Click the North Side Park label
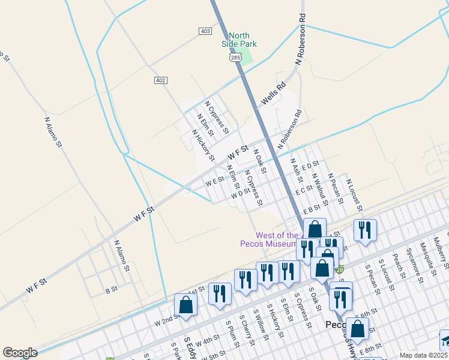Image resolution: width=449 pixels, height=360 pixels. (238, 39)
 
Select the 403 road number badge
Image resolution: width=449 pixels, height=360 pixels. (205, 31)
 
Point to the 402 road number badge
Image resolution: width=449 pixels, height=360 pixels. (160, 80)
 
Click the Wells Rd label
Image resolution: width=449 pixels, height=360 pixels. (273, 98)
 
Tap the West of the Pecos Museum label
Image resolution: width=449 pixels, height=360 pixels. (277, 239)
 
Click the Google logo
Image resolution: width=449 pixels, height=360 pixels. (20, 353)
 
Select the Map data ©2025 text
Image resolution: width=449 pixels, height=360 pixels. (424, 355)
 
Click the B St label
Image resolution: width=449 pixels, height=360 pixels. (111, 290)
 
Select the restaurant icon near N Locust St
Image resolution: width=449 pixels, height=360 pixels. (364, 230)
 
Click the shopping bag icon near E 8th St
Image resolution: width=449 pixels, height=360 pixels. (358, 329)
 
